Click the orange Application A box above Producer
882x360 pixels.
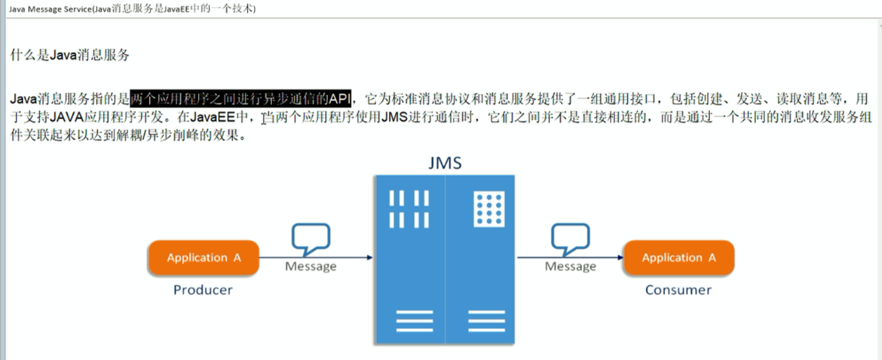203,258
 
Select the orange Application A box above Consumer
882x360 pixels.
678,258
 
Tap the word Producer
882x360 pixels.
203,290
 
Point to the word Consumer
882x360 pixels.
678,290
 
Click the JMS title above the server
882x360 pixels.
445,163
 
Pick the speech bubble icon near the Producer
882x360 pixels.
311,239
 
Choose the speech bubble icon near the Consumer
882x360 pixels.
570,239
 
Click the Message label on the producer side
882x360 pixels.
311,266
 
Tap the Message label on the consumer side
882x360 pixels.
570,266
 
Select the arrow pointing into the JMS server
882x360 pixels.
316,258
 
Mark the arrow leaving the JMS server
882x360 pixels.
570,258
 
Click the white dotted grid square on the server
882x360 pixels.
489,209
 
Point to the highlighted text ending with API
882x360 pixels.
241,99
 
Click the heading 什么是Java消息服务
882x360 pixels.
70,55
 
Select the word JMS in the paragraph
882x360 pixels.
394,118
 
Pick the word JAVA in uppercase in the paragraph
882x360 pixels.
66,118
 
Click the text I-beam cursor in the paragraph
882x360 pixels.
264,118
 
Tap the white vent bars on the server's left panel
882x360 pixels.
409,209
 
